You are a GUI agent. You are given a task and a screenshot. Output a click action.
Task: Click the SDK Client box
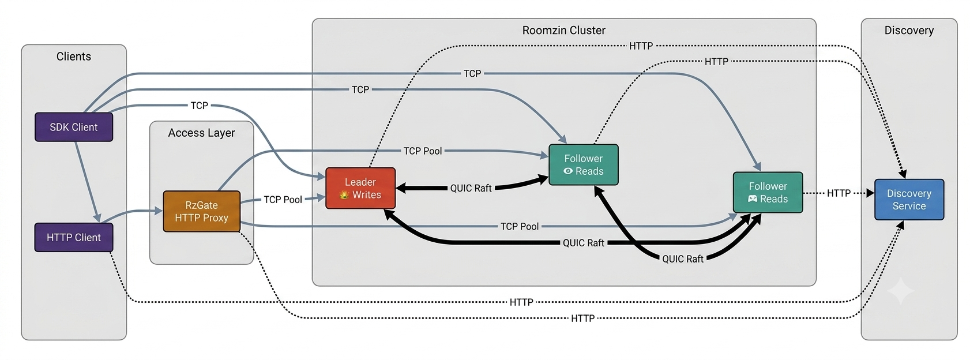click(x=74, y=127)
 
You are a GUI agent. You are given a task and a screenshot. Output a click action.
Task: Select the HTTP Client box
click(x=74, y=237)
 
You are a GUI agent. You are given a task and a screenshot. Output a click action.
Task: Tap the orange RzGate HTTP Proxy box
click(x=201, y=211)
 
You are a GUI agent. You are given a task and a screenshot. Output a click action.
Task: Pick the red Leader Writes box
click(x=360, y=189)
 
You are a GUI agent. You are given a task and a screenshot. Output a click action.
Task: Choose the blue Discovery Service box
click(x=909, y=200)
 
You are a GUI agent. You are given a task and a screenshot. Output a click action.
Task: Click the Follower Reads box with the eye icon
click(x=583, y=164)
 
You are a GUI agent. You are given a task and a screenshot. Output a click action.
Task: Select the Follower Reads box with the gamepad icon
click(x=768, y=192)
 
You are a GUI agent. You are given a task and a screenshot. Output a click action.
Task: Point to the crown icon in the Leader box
click(x=344, y=195)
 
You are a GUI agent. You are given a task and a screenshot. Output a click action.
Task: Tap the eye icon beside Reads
click(x=567, y=171)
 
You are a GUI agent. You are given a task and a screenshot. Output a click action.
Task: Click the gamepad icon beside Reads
click(x=753, y=199)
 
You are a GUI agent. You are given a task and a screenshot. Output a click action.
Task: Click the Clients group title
click(x=74, y=57)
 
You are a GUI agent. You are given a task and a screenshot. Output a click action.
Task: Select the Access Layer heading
click(x=201, y=133)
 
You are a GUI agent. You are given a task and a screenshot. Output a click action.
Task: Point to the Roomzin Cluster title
click(x=564, y=31)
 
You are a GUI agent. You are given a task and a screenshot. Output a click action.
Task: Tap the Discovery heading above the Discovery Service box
click(x=909, y=31)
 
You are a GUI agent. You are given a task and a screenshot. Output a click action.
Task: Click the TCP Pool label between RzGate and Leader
click(x=283, y=200)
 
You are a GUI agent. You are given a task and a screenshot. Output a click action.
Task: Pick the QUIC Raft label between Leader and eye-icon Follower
click(x=471, y=188)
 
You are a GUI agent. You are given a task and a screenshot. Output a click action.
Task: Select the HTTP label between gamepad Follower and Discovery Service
click(x=839, y=193)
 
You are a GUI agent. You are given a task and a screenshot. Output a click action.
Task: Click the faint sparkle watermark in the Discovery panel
click(x=901, y=291)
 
